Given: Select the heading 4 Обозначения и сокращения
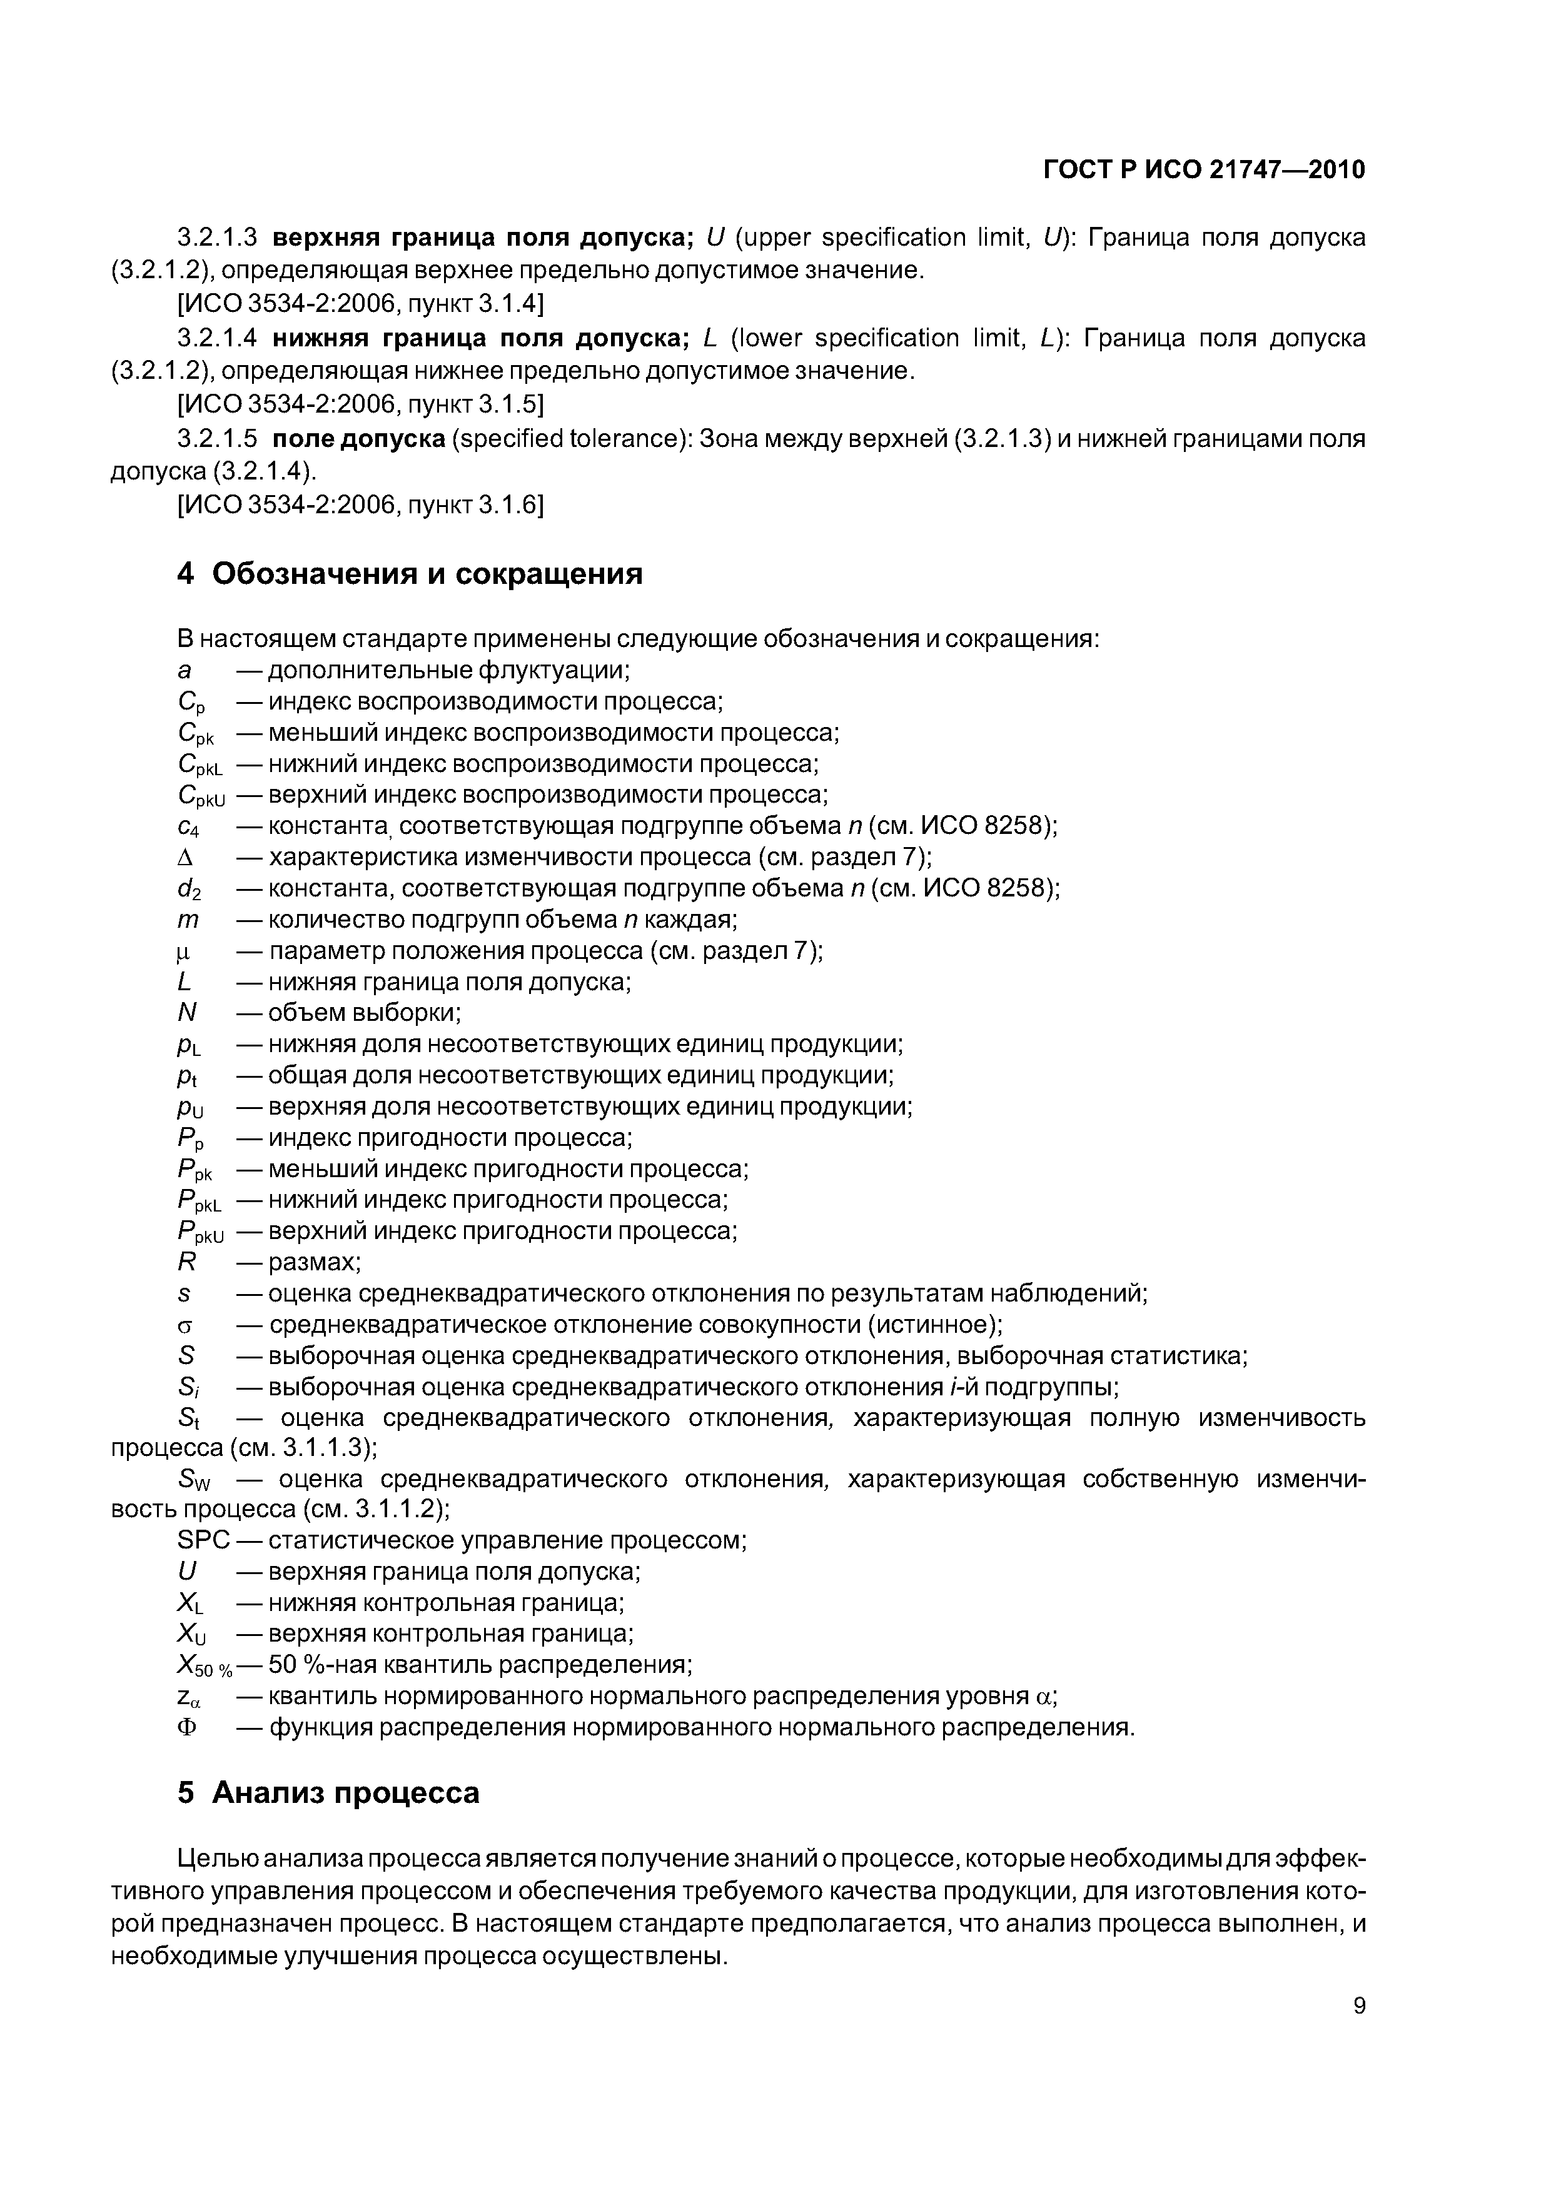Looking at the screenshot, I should [x=410, y=573].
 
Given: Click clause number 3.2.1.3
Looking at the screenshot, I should [x=218, y=237].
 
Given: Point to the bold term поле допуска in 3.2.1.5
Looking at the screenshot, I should [x=360, y=438].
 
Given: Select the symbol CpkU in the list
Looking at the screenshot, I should [x=201, y=796].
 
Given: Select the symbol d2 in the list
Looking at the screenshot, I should [x=189, y=889].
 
